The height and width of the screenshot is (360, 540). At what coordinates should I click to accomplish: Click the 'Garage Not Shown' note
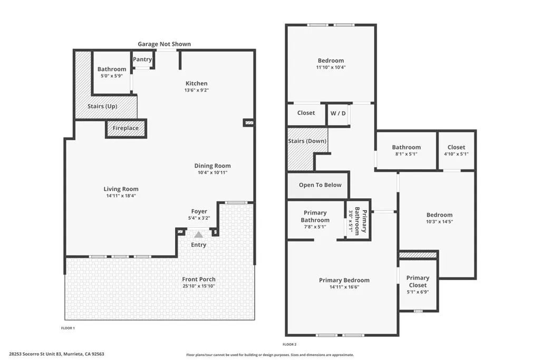click(164, 44)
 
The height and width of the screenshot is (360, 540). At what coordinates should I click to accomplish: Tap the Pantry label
click(142, 60)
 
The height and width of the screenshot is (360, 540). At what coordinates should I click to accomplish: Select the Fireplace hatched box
click(126, 128)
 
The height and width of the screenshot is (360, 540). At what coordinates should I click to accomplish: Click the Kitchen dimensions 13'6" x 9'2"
click(196, 90)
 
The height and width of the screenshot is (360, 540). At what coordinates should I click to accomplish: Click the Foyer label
click(199, 211)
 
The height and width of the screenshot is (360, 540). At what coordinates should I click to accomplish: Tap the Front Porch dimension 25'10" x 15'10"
click(199, 286)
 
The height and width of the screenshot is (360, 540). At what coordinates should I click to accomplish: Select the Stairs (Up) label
click(102, 106)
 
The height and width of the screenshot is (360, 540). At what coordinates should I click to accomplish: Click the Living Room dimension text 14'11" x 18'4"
click(121, 196)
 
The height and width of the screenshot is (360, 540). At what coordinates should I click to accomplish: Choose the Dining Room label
click(213, 166)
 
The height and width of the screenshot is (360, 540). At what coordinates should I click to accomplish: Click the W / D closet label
click(338, 113)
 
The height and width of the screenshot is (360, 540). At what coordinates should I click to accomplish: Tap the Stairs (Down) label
click(307, 141)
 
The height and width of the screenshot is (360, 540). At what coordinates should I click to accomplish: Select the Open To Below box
click(320, 185)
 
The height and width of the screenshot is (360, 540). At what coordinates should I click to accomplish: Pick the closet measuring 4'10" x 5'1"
click(456, 151)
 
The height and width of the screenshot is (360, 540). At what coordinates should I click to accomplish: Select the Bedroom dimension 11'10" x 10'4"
click(331, 67)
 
